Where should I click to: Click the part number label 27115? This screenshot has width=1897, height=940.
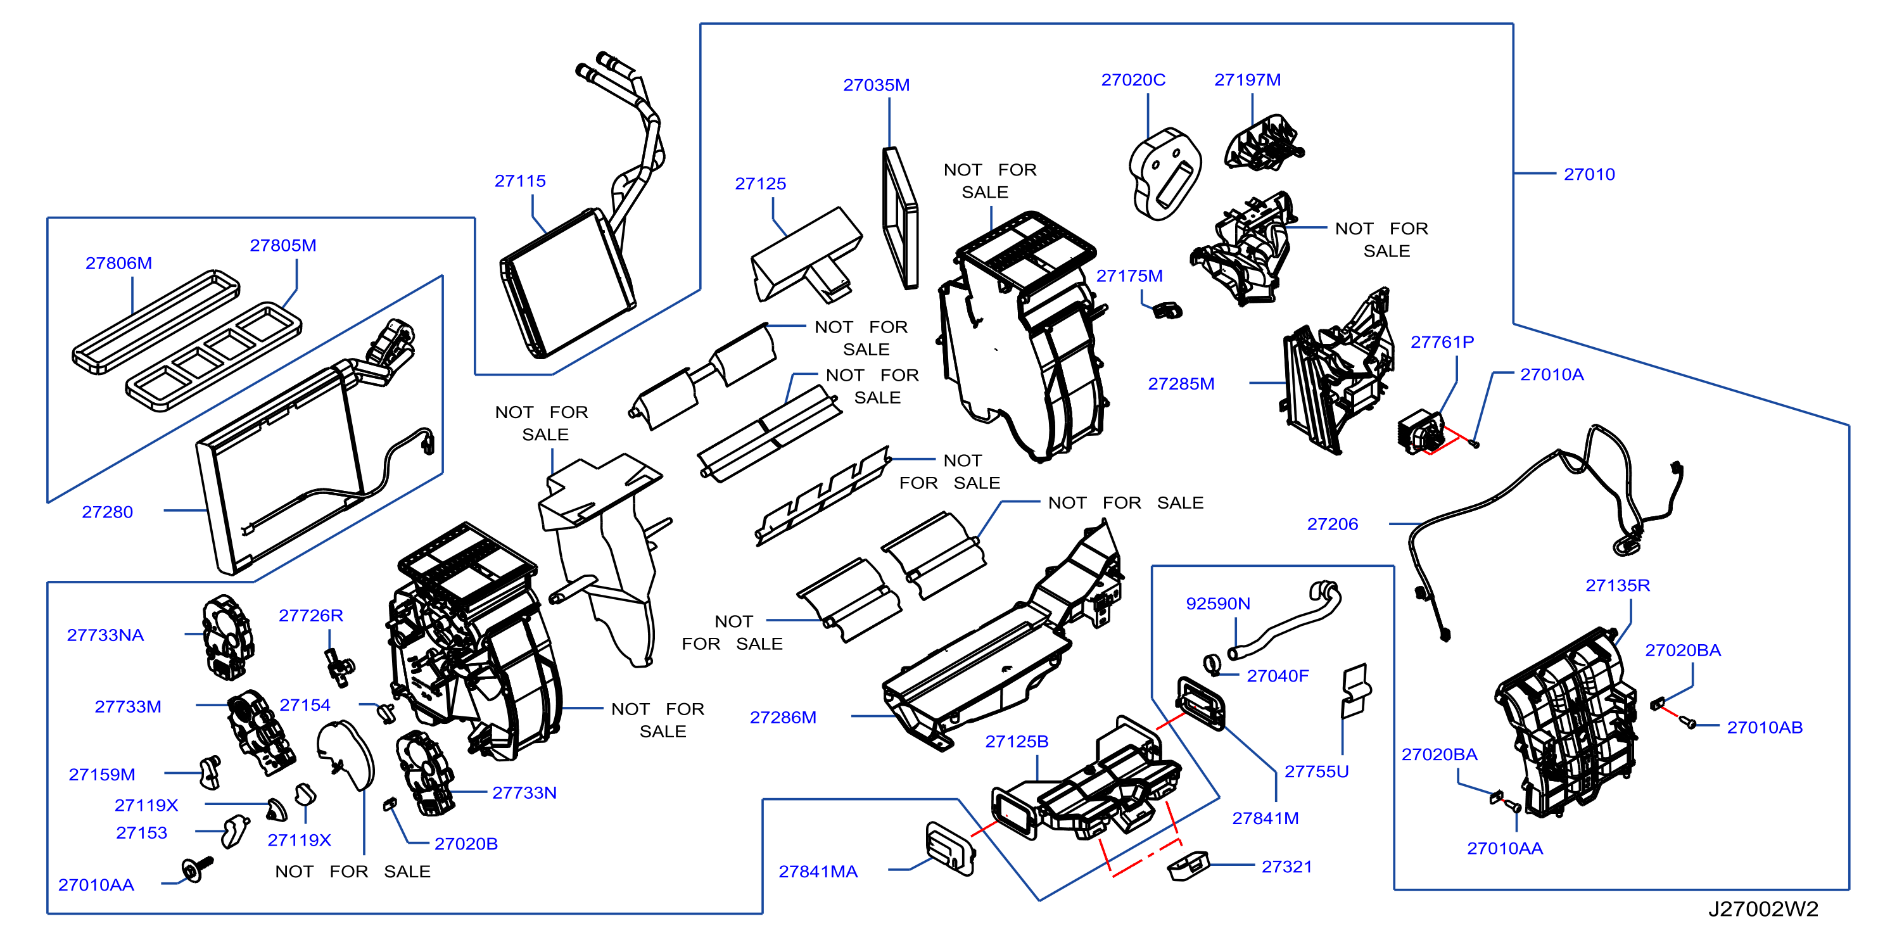coord(520,181)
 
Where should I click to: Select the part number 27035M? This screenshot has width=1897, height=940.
coord(877,85)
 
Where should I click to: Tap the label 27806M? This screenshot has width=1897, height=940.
coord(118,263)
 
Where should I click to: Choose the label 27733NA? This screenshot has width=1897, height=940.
coord(105,635)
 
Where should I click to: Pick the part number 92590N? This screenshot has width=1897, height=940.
coord(1218,604)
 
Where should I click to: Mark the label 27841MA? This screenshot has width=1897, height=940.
coord(818,872)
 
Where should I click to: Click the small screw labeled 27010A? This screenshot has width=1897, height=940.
coord(1473,443)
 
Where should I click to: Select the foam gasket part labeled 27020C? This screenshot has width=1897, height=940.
coord(1165,174)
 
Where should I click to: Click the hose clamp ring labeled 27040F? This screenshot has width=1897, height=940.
coord(1212,664)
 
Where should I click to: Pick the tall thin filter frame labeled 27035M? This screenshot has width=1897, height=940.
coord(901,218)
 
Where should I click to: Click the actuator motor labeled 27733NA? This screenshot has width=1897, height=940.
coord(228,638)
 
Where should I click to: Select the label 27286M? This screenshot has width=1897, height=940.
coord(783,717)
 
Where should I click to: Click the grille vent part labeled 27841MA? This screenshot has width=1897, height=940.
coord(951,849)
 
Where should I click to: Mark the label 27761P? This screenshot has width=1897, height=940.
coord(1442,342)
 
